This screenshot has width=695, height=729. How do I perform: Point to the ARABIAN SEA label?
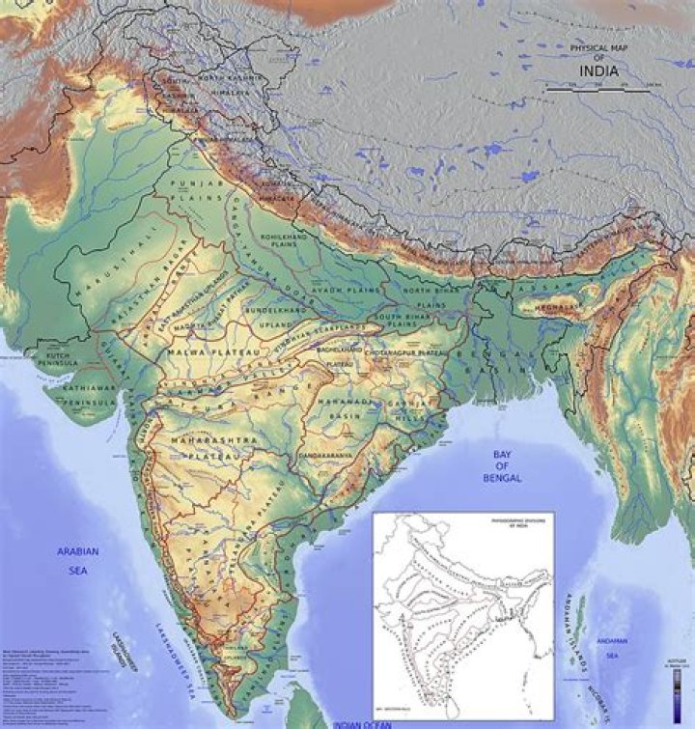[78, 560]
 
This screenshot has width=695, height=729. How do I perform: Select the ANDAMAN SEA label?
[611, 651]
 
